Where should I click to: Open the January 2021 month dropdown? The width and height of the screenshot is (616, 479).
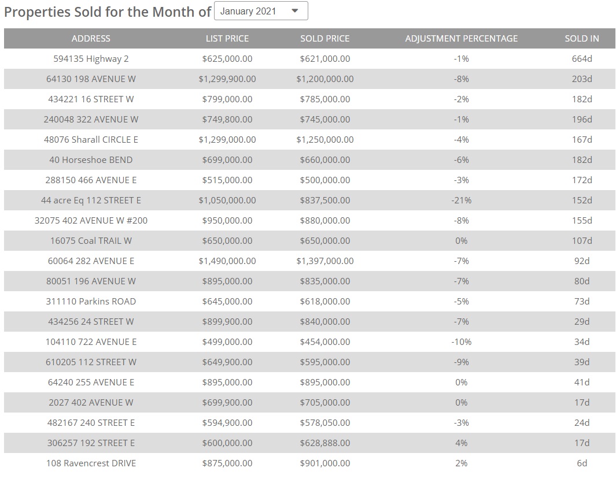click(261, 11)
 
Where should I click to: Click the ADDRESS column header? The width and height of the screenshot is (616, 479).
click(91, 39)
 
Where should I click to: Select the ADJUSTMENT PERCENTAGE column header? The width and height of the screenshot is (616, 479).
click(461, 39)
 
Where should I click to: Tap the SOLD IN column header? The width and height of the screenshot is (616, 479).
click(581, 39)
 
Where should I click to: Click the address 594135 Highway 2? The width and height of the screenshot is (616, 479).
click(91, 59)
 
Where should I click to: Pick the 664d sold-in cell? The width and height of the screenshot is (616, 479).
click(582, 59)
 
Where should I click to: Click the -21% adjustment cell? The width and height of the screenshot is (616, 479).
click(461, 200)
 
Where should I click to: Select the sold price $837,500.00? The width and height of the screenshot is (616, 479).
click(324, 200)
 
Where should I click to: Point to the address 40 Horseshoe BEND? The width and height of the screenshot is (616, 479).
click(91, 160)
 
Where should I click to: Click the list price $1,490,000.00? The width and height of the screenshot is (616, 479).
click(227, 261)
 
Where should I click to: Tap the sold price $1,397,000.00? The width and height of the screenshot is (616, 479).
click(324, 261)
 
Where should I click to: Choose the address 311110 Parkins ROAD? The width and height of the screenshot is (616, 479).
click(91, 302)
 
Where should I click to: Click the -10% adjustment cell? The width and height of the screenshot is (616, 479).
click(461, 342)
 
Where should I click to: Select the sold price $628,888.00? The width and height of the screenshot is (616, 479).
click(324, 443)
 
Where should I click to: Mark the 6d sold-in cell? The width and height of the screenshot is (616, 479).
click(582, 463)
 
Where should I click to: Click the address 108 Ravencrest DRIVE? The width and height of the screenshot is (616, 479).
click(91, 463)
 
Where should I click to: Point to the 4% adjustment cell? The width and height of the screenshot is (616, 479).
click(461, 443)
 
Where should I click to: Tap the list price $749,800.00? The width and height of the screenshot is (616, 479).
click(227, 120)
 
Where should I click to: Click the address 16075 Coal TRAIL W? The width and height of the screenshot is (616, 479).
click(91, 241)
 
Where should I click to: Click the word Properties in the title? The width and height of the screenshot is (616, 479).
click(36, 12)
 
